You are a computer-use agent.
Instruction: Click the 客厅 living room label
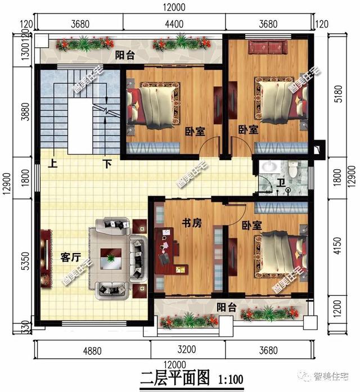click(71, 258)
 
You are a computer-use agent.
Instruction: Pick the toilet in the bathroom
click(292, 168)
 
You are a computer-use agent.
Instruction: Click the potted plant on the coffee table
click(110, 258)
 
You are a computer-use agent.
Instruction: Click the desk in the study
click(169, 251)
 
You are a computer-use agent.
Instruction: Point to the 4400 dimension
click(174, 24)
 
